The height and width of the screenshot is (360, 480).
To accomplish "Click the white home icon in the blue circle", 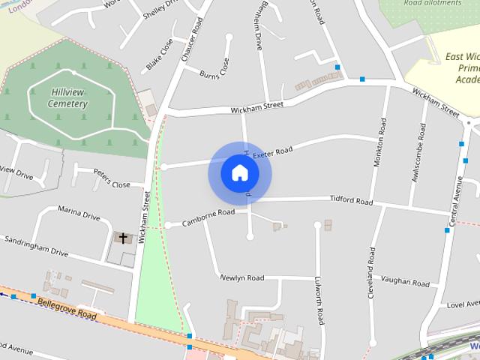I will [x=239, y=172].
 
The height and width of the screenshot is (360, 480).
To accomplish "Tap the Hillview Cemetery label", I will [x=67, y=97].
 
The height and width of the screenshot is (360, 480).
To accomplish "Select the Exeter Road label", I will [x=271, y=153].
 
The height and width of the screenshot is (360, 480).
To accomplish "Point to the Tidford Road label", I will [x=351, y=201].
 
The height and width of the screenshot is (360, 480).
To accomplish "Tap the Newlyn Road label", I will [x=241, y=278].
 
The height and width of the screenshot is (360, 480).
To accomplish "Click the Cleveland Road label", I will [x=370, y=274].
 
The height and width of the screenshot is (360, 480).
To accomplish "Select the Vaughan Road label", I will [x=405, y=282].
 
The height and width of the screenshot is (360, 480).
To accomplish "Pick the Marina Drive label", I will [x=79, y=216].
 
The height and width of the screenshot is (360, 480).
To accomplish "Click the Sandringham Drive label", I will [x=36, y=247].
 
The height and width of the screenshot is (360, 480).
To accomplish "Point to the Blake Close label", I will [x=159, y=54].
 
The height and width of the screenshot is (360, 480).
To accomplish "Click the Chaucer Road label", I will [x=192, y=39].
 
